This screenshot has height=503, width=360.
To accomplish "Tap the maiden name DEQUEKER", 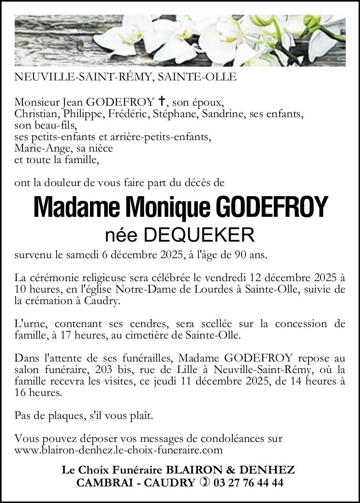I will (199, 236).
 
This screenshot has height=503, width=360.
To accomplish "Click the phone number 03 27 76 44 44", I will (247, 483).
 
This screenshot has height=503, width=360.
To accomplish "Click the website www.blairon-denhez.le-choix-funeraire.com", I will (118, 450).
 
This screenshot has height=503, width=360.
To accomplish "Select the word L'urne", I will (29, 324).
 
